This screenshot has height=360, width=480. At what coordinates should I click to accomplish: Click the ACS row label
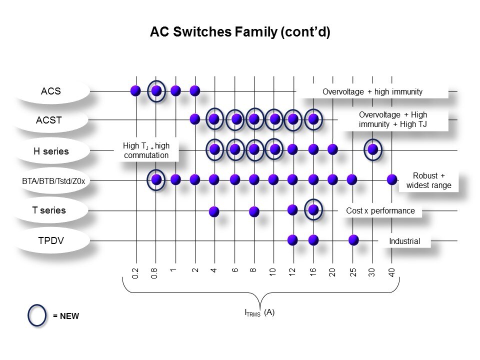click(50, 91)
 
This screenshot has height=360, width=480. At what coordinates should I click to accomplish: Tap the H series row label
click(51, 151)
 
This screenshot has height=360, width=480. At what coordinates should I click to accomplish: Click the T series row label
click(49, 210)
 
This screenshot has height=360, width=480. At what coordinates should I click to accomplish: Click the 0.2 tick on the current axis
click(135, 272)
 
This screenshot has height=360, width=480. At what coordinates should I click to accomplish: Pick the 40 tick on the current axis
click(392, 272)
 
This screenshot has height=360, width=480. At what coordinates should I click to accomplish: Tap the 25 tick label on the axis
click(353, 272)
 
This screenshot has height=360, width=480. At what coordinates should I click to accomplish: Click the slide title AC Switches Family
click(240, 32)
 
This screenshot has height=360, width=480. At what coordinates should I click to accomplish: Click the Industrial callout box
click(404, 241)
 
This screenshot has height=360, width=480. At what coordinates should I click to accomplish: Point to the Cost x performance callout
click(380, 210)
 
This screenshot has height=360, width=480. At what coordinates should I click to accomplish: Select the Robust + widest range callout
click(428, 180)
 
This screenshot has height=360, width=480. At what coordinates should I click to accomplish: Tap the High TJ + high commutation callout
click(146, 150)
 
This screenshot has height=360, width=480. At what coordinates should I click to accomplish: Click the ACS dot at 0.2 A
click(135, 90)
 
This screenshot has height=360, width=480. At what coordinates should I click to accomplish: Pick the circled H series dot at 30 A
click(372, 149)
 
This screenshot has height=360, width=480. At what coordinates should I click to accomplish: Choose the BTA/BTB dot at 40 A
click(392, 179)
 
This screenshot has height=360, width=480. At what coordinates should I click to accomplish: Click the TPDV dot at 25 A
click(353, 239)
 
